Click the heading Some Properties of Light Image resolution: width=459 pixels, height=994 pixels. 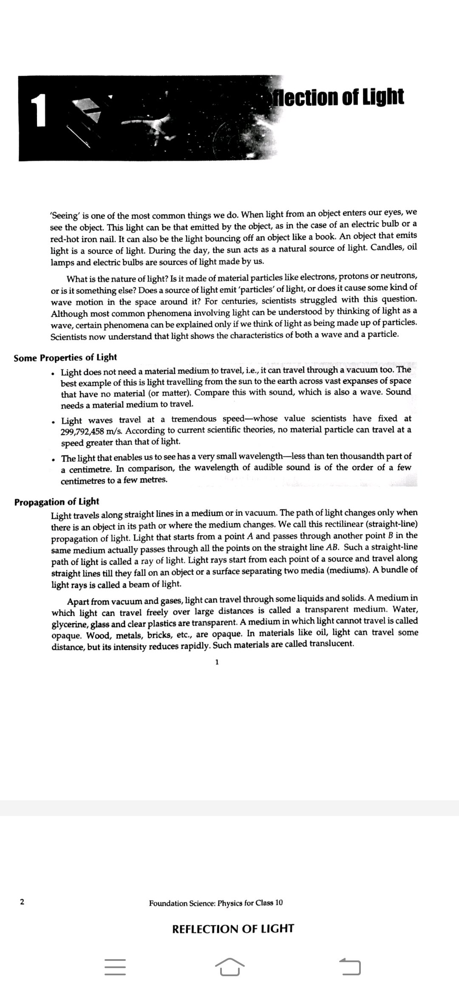click(65, 358)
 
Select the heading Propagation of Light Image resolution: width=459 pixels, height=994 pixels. click(57, 502)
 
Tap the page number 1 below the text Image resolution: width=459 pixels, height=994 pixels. click(217, 662)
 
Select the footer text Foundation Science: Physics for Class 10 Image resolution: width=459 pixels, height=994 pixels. click(215, 903)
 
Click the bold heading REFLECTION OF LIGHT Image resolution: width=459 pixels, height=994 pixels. click(233, 929)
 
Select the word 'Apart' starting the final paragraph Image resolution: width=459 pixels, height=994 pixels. click(78, 602)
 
